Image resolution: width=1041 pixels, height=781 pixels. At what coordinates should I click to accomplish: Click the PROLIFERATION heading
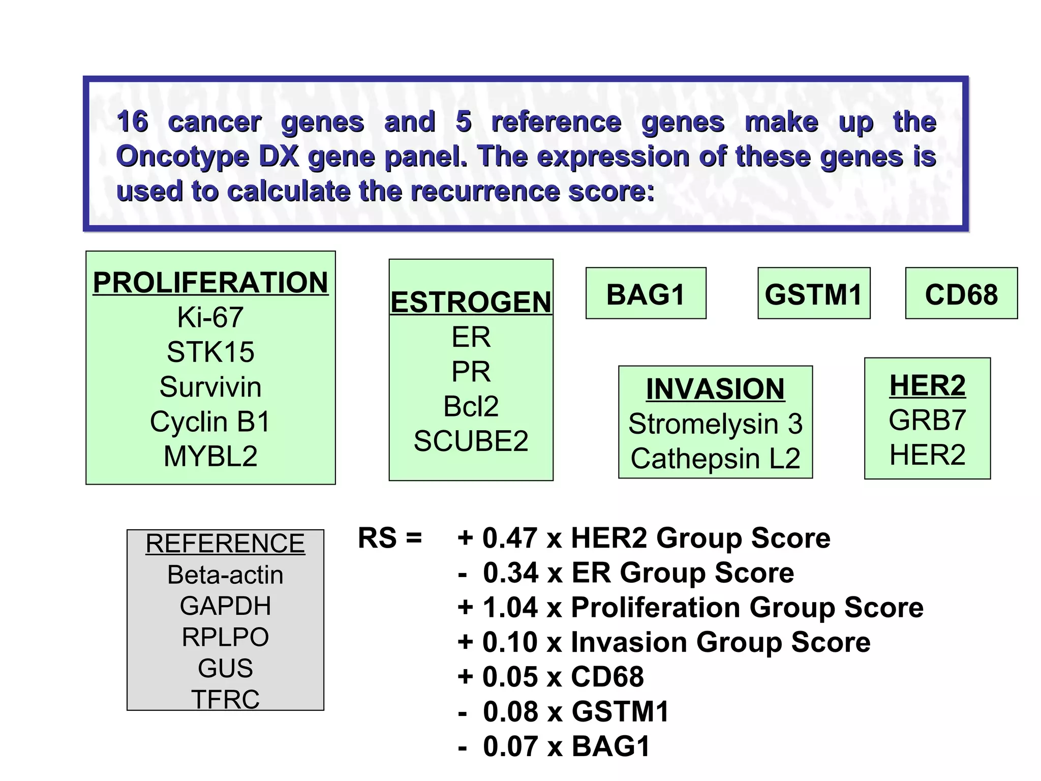coord(210,283)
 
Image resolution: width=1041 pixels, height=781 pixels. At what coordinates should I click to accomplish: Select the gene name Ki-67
coord(210,317)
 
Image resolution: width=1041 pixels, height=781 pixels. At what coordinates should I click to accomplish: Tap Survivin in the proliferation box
coord(210,387)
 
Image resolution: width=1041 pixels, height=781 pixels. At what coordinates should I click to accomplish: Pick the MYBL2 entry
coord(210,456)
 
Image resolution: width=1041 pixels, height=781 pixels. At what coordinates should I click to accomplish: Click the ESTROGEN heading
coord(471,302)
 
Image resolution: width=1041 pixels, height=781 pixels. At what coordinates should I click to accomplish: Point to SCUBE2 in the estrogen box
coord(471,441)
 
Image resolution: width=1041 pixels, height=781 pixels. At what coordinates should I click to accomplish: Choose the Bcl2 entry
coord(471,406)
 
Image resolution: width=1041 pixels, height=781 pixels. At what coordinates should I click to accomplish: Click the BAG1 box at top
coord(646,294)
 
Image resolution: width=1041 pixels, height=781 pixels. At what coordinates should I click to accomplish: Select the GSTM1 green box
coord(813,294)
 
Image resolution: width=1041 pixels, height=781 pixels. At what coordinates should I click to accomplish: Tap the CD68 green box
coord(961,294)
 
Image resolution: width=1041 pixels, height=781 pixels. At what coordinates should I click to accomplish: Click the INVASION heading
coord(715,389)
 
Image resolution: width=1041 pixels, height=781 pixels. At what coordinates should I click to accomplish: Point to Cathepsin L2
coord(715,459)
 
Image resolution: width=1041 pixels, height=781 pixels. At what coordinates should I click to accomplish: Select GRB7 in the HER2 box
coord(927,420)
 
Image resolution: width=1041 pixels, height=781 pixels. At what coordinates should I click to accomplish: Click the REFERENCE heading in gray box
coord(225,544)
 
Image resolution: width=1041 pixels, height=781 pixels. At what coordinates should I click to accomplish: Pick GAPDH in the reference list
coord(225,606)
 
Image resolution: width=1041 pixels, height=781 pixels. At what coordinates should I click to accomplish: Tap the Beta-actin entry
coord(225,575)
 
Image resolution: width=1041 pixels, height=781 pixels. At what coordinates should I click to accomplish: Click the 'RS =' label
coord(390,538)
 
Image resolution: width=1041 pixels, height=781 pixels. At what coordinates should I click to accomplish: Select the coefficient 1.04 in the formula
coord(510,608)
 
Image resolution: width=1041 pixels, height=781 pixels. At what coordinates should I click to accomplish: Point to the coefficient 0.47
coord(509,538)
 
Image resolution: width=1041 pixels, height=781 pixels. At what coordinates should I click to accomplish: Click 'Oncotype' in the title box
coord(182,157)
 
